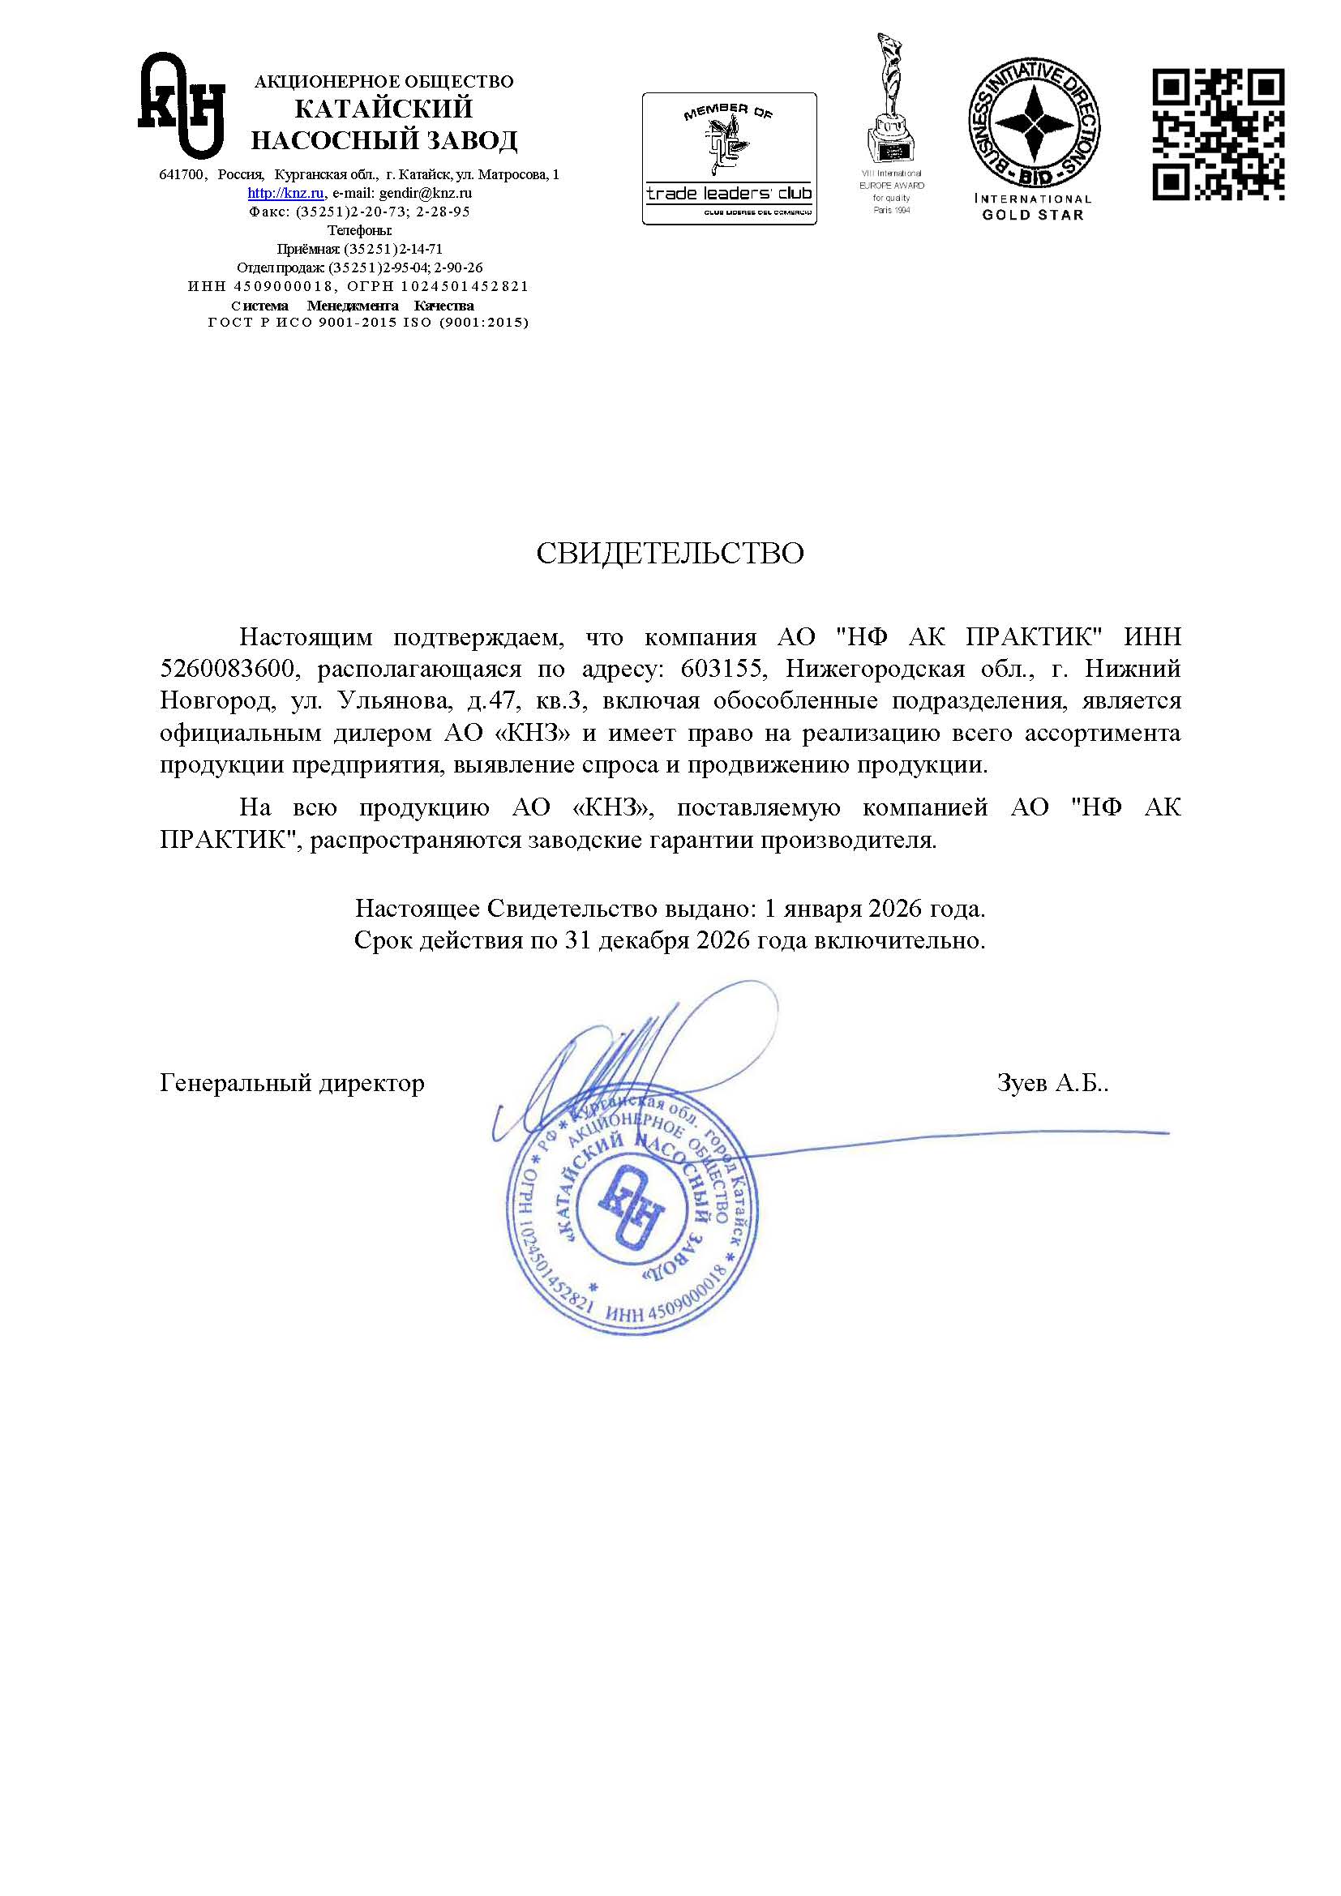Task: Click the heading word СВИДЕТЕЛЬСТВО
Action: point(670,554)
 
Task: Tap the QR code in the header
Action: point(1218,135)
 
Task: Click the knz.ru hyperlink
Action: point(285,193)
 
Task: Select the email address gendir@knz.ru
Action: point(426,193)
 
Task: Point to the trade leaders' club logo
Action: point(729,159)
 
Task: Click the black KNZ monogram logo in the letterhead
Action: point(182,105)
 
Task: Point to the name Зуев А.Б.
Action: point(1052,1084)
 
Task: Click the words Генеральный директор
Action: point(293,1084)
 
